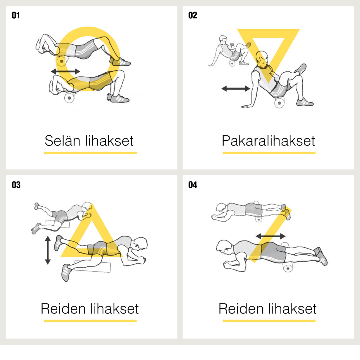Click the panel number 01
15,15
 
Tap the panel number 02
193,15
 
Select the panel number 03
16,185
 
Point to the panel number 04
193,185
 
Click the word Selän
63,141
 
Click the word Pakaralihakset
268,141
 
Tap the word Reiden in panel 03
63,308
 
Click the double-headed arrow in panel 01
65,71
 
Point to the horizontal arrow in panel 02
236,88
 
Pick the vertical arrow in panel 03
48,250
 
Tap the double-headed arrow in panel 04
271,236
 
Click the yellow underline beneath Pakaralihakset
269,153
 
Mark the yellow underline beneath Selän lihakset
90,153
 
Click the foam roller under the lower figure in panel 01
69,98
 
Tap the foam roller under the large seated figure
279,103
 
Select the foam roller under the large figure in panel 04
288,268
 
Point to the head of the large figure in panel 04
224,247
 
